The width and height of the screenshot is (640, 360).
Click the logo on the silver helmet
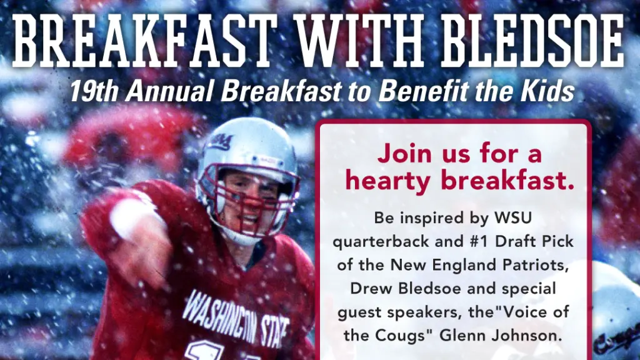tap(221, 142)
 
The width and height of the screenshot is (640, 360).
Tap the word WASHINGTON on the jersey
tap(222, 316)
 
